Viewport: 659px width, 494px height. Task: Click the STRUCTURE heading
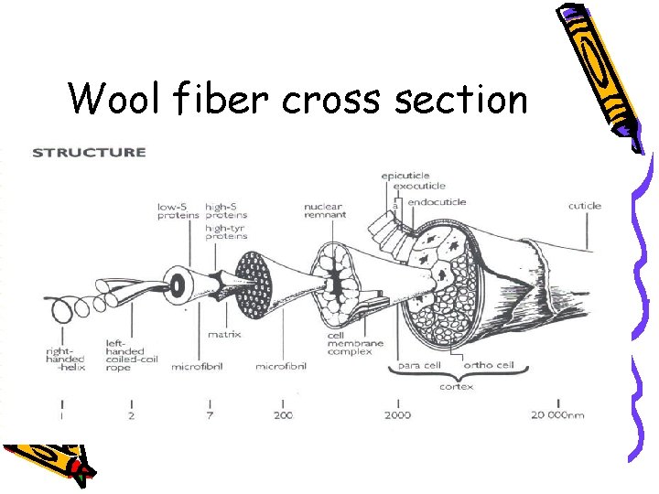[89, 153]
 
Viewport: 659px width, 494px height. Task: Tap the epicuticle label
[405, 176]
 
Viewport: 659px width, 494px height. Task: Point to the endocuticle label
[437, 201]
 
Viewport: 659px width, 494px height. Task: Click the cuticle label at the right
[584, 206]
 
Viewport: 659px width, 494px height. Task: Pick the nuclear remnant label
[325, 211]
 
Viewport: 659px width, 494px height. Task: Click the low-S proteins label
[178, 211]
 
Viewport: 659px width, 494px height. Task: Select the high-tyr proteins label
[226, 231]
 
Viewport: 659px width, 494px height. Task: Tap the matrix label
[224, 334]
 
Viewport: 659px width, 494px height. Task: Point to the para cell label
[419, 366]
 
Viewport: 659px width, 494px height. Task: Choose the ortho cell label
[489, 366]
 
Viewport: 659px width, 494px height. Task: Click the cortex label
[456, 387]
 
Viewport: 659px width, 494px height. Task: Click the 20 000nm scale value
[558, 416]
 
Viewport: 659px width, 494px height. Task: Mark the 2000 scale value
[398, 416]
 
